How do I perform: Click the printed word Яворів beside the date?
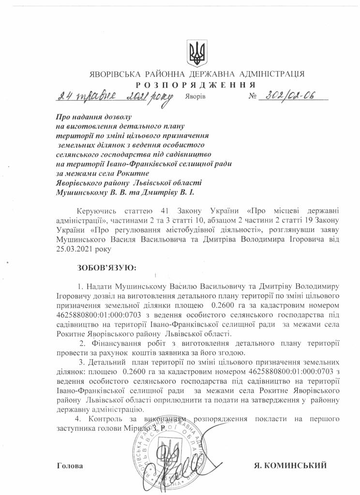195,97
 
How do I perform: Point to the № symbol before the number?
253,96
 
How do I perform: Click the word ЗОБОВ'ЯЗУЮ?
107,267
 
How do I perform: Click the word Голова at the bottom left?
70,466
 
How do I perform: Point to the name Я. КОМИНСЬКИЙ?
290,466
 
